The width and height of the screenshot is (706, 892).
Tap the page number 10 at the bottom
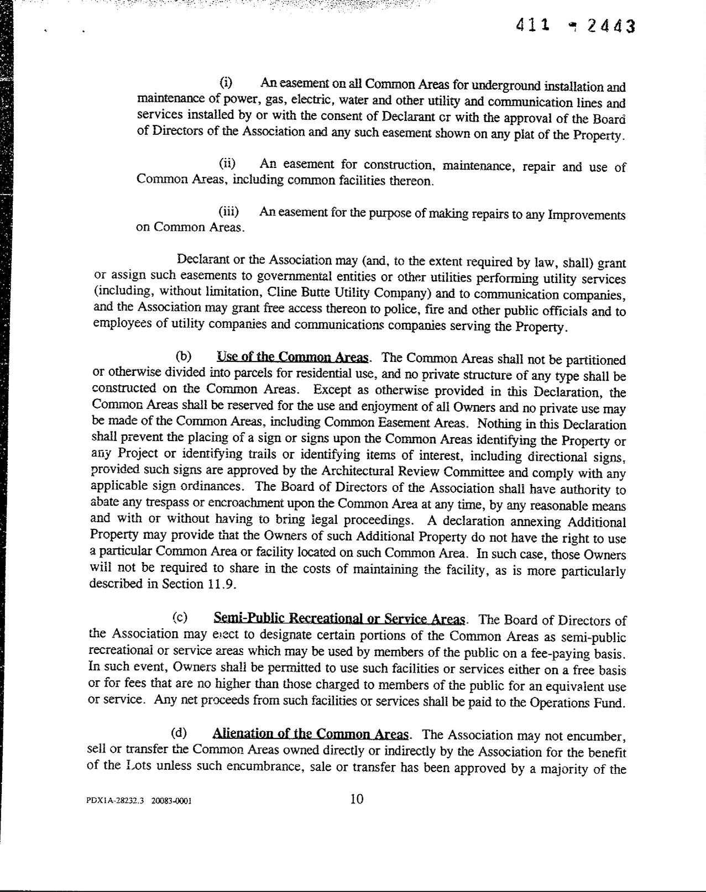pos(357,799)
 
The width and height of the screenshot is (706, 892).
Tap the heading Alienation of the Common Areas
pos(311,734)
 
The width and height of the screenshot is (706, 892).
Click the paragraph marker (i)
pos(226,83)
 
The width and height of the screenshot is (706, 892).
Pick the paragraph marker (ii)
pos(227,164)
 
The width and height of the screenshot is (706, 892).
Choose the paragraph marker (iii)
pos(228,212)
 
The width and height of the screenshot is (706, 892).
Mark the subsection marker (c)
pos(179,617)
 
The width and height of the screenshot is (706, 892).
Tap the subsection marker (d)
pos(179,733)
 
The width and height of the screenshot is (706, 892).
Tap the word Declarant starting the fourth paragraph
pos(202,259)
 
